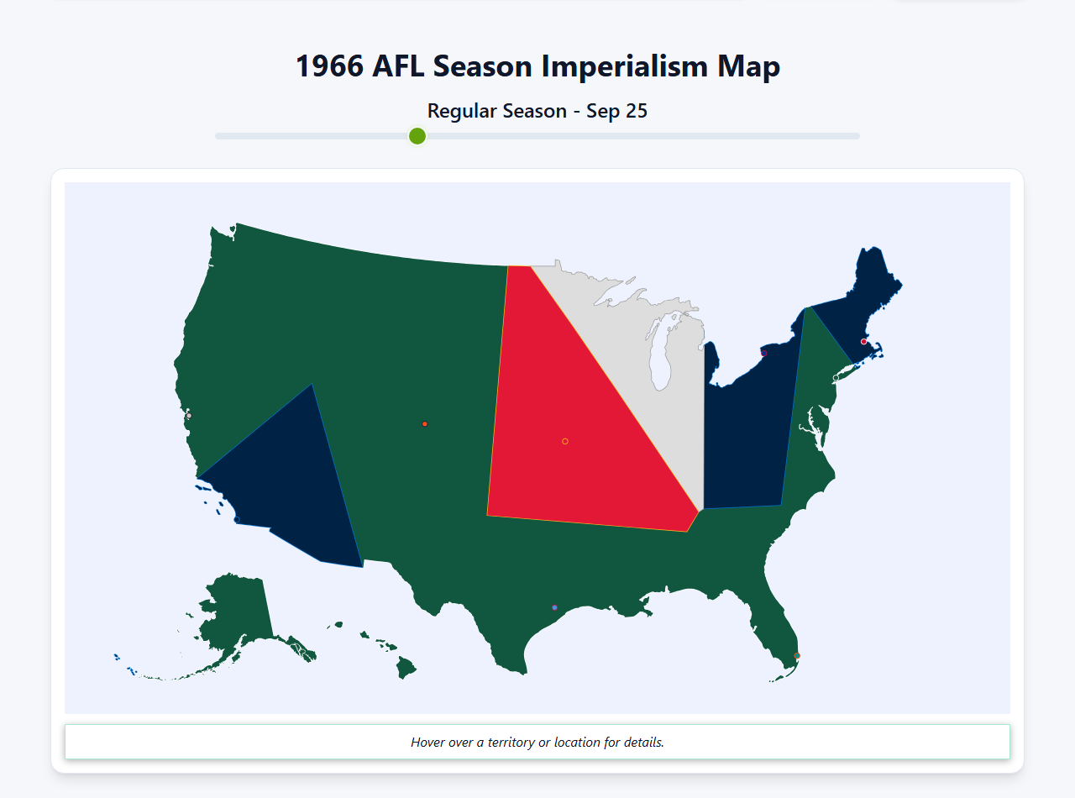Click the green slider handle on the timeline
417,136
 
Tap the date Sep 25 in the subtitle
617,111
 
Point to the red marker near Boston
863,342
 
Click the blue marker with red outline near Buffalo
763,354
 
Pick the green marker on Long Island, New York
836,378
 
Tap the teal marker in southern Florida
797,656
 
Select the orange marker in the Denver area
425,424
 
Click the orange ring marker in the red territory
565,441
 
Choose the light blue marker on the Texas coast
554,607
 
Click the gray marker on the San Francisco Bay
189,416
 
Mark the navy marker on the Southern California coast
237,520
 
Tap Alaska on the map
235,613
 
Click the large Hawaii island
406,668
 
